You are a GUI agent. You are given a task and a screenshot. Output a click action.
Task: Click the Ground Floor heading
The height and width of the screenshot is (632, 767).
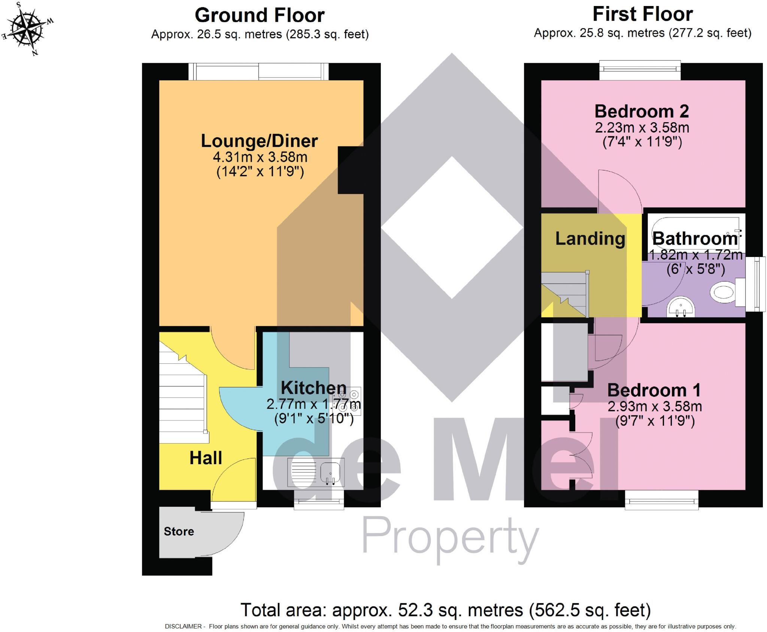tap(260, 16)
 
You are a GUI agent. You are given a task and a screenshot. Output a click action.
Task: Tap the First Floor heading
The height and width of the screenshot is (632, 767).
tap(642, 14)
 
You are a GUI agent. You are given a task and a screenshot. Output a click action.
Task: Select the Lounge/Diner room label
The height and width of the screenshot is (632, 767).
tap(259, 141)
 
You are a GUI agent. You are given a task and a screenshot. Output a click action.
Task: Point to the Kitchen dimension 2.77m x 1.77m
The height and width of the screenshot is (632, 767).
tap(313, 404)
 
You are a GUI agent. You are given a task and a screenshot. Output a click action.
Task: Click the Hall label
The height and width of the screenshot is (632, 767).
tap(206, 458)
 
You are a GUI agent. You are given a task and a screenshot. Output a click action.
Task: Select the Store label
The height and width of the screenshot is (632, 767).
tap(179, 531)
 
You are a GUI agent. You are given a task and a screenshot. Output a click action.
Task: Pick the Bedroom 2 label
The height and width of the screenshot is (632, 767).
tap(642, 111)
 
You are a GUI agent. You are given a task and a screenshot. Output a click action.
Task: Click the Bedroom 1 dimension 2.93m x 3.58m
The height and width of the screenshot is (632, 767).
tap(654, 406)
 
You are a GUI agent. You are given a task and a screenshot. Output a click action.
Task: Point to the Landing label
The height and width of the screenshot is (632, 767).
tap(590, 239)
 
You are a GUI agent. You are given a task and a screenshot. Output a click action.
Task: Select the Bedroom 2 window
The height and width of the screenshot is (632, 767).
tap(640, 70)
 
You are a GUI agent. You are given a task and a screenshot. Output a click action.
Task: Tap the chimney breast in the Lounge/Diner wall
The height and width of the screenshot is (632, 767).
tap(350, 170)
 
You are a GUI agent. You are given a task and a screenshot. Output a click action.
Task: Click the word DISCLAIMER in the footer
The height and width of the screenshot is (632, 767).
tap(183, 626)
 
